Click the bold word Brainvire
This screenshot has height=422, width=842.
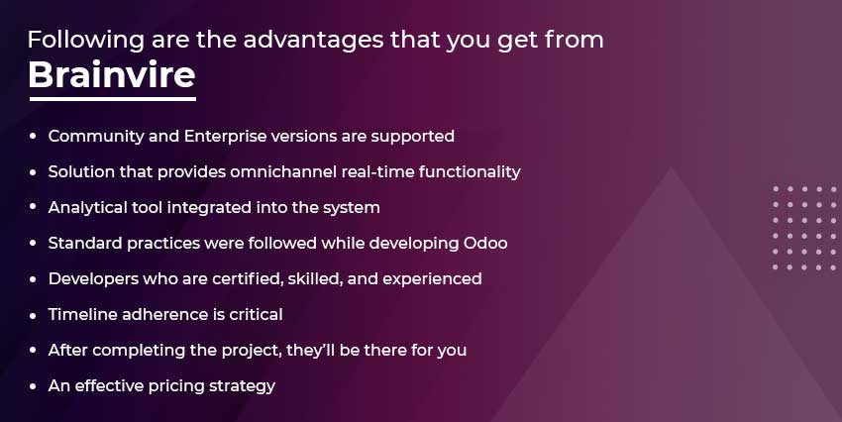(x=112, y=74)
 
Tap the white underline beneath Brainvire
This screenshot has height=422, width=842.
(x=113, y=99)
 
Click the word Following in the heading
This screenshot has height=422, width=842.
(x=86, y=41)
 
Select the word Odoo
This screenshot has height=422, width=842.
(x=485, y=244)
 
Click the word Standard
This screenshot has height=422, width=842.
(x=85, y=244)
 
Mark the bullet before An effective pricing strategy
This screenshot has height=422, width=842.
(x=34, y=386)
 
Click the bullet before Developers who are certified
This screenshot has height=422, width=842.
(x=34, y=279)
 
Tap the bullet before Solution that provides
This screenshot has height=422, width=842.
(x=34, y=172)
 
